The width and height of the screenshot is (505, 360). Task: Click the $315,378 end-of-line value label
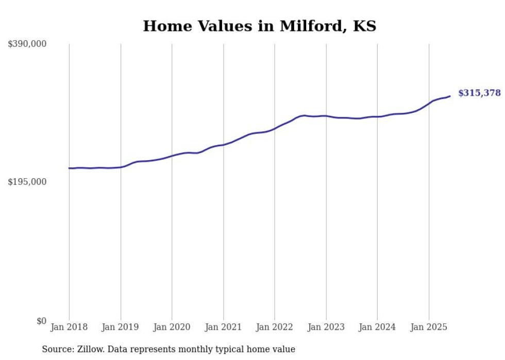tap(479, 93)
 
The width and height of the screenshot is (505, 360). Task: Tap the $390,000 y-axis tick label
tap(27, 44)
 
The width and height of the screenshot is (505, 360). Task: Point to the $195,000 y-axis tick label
tap(27, 182)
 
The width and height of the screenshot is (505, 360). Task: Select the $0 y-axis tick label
tap(41, 321)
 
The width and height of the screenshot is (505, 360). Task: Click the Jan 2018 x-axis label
tap(69, 327)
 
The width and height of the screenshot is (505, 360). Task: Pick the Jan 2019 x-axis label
tap(121, 327)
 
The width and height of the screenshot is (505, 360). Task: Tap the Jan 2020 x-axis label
tap(172, 327)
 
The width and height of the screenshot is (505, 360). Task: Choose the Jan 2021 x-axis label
tap(223, 327)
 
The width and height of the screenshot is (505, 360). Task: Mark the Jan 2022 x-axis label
tap(275, 327)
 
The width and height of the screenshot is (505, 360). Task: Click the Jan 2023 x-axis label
tap(326, 327)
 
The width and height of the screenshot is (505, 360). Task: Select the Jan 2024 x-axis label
tap(377, 327)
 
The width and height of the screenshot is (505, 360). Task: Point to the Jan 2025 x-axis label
tap(429, 327)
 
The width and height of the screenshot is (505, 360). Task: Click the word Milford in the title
tap(311, 26)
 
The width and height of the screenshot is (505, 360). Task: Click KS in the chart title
tap(364, 26)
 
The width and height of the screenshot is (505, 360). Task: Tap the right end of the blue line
tap(450, 96)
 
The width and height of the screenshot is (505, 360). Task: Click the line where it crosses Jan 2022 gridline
tap(275, 129)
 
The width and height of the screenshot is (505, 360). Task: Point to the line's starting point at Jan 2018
tap(69, 168)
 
